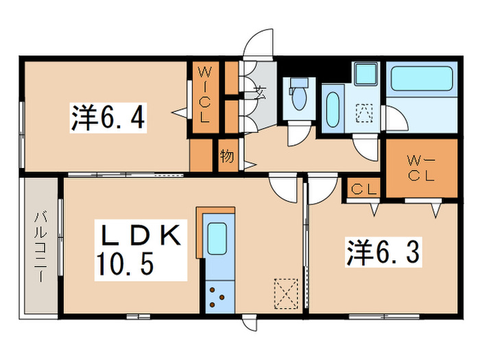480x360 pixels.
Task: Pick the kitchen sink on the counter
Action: pyautogui.click(x=219, y=239)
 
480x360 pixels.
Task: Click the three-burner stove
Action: pyautogui.click(x=219, y=297)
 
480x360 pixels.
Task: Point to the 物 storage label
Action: pyautogui.click(x=227, y=156)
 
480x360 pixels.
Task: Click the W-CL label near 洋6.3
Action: pyautogui.click(x=420, y=169)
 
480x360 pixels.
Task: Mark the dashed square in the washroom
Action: pyautogui.click(x=363, y=113)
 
